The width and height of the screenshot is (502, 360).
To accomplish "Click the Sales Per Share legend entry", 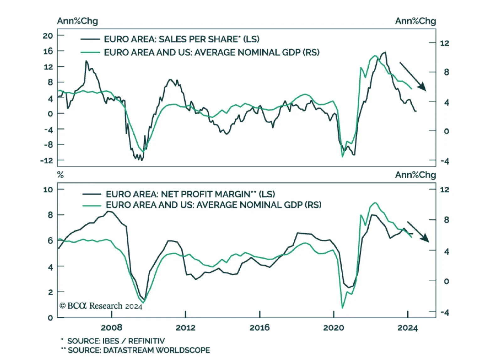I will click(x=181, y=39).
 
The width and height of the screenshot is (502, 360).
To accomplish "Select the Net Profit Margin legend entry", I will click(x=190, y=194).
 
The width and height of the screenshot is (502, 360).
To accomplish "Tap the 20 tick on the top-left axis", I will click(x=48, y=36).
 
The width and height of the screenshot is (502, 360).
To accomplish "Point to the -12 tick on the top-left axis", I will click(x=47, y=161).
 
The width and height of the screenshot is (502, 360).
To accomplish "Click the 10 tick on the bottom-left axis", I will click(x=48, y=190).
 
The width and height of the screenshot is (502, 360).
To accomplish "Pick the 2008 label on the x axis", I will click(x=111, y=328).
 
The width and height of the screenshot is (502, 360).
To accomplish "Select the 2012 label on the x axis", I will click(x=186, y=328).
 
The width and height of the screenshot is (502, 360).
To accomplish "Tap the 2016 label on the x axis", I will click(x=259, y=328).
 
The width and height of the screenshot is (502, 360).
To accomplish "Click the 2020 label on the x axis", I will click(x=334, y=328).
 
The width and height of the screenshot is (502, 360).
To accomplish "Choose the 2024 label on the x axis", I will click(x=408, y=328).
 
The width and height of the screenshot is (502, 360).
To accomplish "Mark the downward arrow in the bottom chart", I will click(x=418, y=232).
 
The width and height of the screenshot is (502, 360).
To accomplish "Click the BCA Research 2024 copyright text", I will click(x=101, y=306).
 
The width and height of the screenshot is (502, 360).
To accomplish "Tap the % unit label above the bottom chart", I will click(x=61, y=175).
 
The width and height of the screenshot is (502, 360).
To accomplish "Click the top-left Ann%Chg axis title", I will click(x=77, y=21).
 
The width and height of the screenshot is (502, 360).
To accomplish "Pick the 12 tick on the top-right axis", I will click(x=445, y=43).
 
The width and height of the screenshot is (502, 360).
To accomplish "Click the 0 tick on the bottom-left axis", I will click(x=50, y=318).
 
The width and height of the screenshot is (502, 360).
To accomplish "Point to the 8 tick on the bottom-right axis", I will click(x=446, y=220).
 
